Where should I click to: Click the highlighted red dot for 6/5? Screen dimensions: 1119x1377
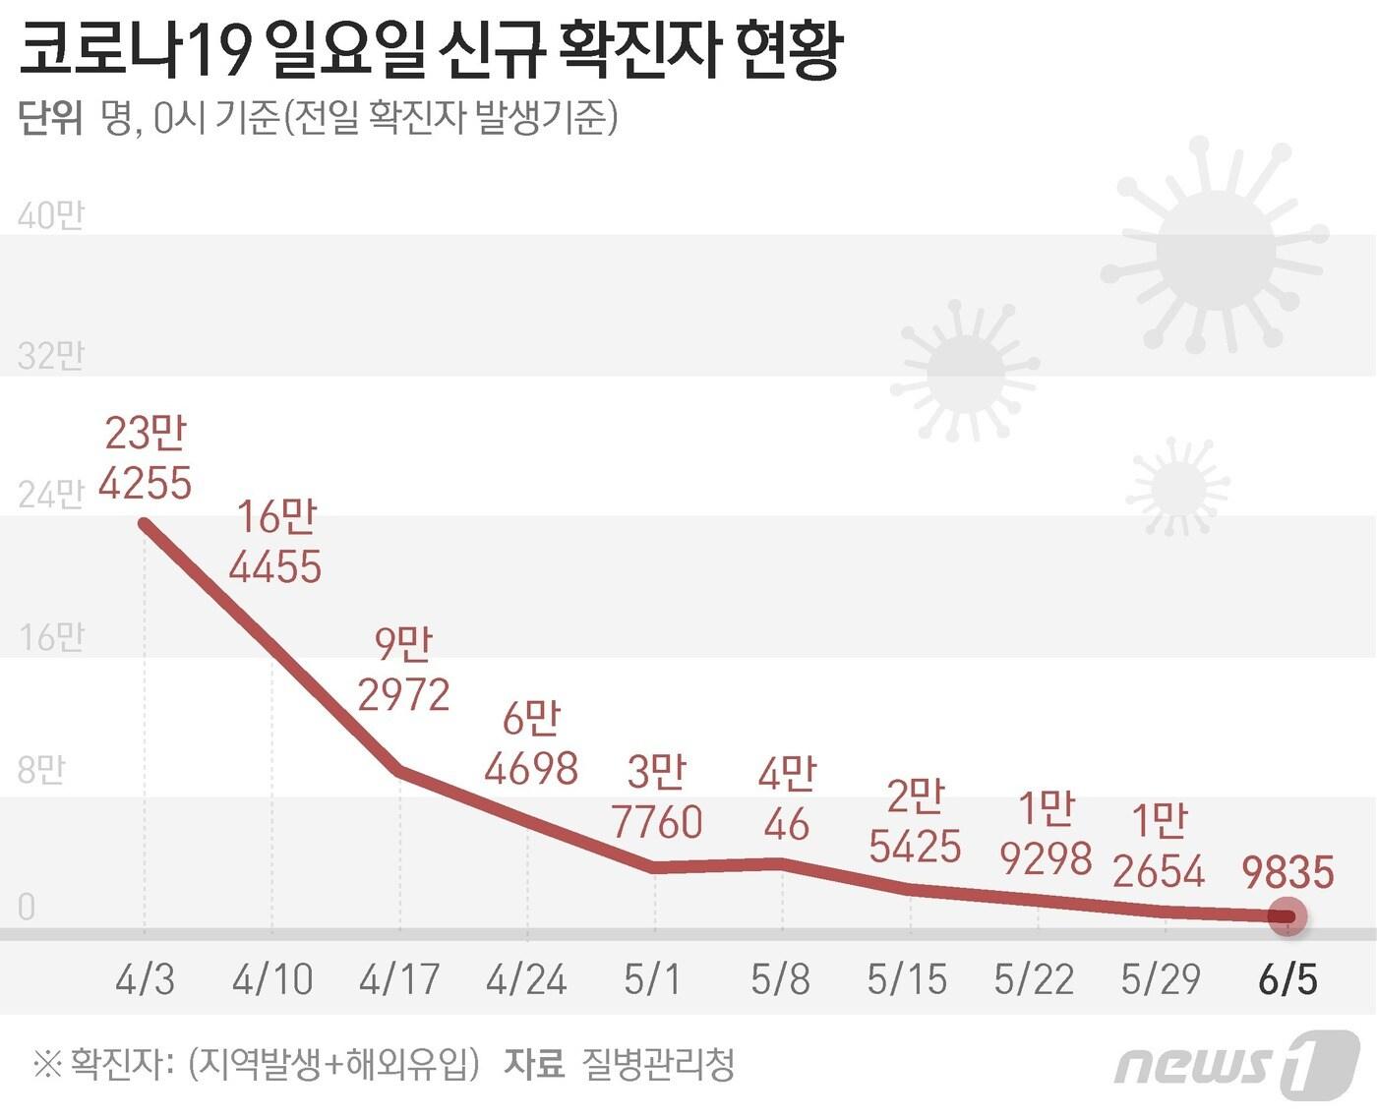(x=1287, y=916)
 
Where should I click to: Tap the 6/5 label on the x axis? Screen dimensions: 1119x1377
(x=1287, y=978)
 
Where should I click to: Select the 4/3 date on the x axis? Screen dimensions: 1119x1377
(x=146, y=978)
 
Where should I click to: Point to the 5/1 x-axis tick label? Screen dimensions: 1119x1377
(x=653, y=978)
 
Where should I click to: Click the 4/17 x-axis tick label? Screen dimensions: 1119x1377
(x=399, y=978)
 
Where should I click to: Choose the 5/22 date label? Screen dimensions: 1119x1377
(x=1034, y=978)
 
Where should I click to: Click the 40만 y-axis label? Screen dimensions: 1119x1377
(x=51, y=215)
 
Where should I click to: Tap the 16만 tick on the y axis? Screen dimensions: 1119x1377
(x=51, y=638)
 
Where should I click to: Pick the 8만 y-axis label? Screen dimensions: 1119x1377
(x=41, y=769)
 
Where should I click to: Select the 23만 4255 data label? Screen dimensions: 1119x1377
(x=146, y=458)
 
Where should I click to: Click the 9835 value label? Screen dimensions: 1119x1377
(x=1287, y=871)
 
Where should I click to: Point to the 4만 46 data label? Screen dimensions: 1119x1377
(x=786, y=799)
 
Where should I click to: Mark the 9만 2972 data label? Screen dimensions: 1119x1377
(x=403, y=670)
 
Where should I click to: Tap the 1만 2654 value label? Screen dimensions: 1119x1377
(x=1159, y=846)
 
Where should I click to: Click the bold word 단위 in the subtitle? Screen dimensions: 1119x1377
(x=50, y=119)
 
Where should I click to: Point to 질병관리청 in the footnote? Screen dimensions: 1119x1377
(x=658, y=1063)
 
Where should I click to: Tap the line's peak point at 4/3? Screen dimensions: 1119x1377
(x=146, y=523)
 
